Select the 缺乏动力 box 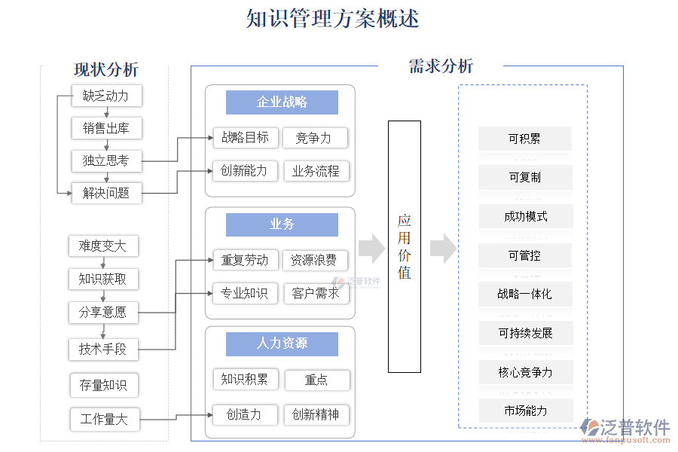pos(106,96)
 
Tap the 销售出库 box pos(106,128)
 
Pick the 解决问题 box pos(106,193)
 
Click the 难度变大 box pos(103,246)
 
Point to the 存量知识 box pos(104,386)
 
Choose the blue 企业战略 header pos(282,102)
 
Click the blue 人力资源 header pos(282,344)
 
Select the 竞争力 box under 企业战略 pos(313,138)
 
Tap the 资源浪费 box pos(314,261)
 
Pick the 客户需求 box pos(316,293)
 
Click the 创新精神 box pos(316,414)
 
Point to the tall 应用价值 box pos(405,246)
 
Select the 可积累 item pos(524,139)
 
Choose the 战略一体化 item pos(524,294)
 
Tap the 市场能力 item pos(525,411)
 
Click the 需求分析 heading pos(441,66)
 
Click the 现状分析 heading pos(106,70)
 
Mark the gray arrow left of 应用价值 pos(371,249)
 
